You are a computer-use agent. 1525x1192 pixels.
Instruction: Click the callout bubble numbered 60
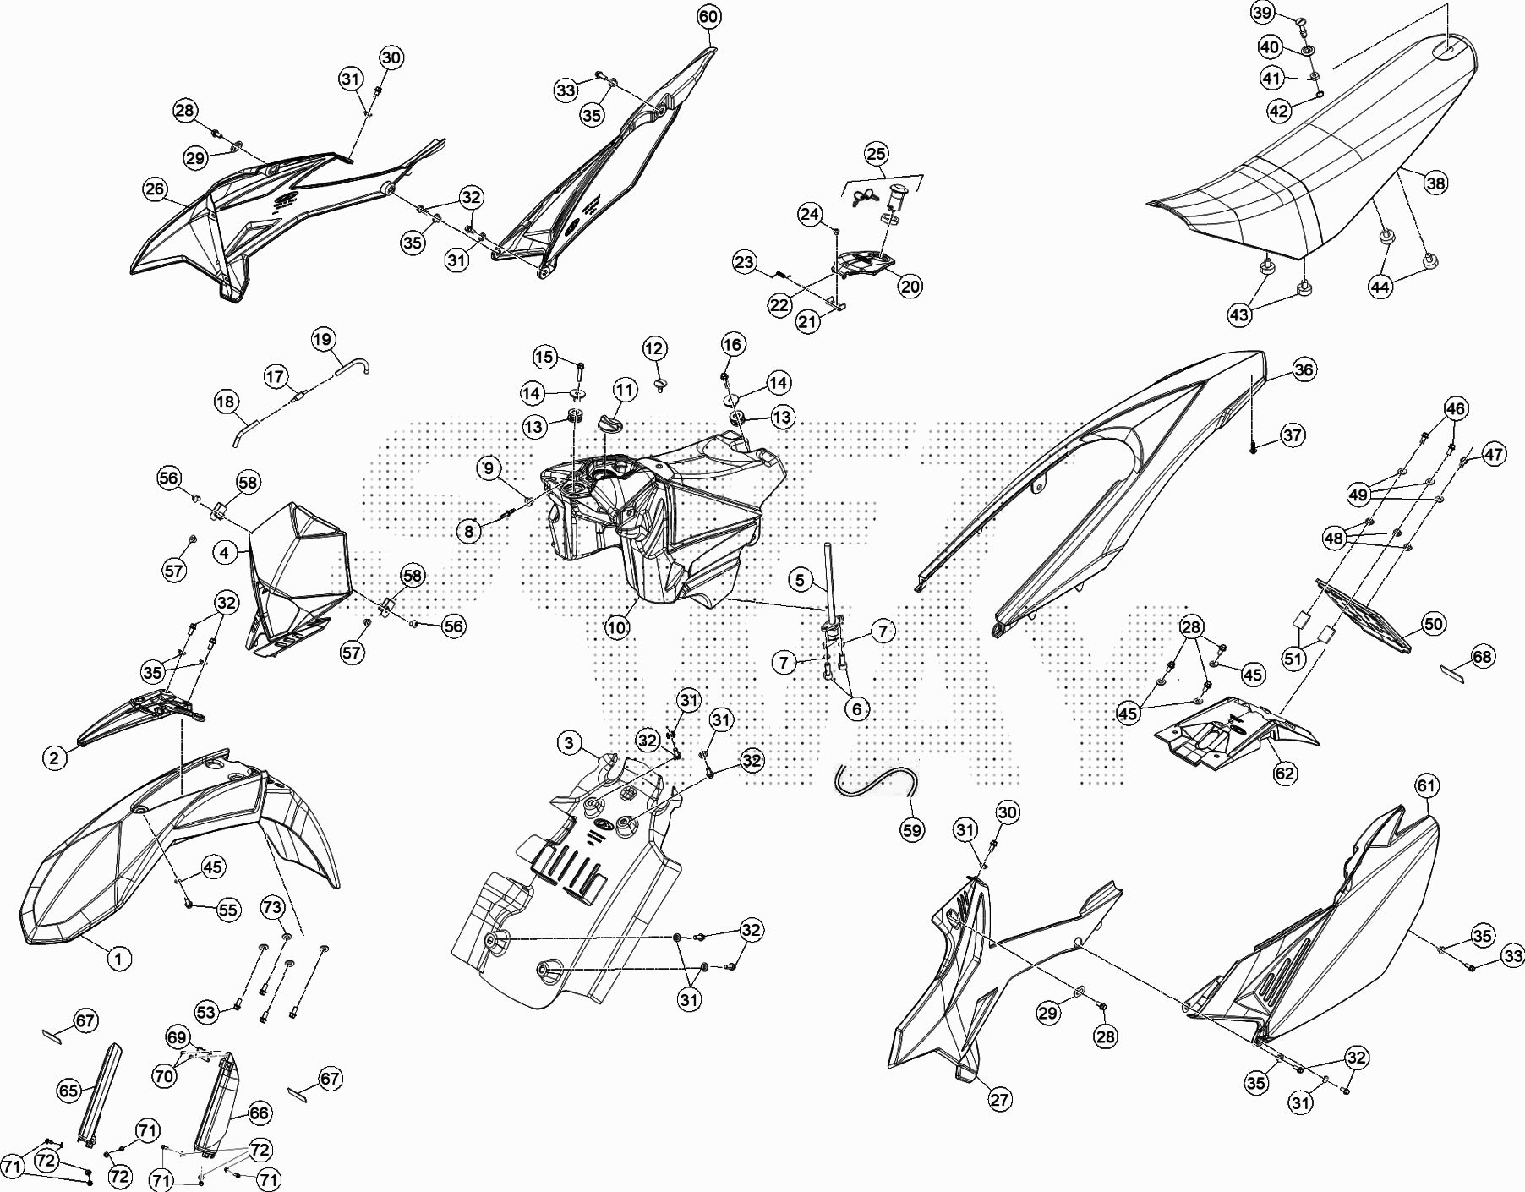point(708,17)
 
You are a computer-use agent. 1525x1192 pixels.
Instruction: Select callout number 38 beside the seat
point(1435,183)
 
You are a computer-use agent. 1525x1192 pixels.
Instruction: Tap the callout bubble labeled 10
point(617,628)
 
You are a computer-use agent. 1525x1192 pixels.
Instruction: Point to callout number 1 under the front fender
point(119,959)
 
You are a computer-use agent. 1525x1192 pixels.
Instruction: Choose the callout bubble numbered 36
point(1304,369)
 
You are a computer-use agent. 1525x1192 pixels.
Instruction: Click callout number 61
point(1426,786)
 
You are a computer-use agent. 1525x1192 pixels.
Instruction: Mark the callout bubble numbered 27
point(1000,1100)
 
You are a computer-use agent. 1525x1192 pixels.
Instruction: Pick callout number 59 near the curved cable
point(912,830)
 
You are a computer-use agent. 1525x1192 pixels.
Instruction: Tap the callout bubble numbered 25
point(877,154)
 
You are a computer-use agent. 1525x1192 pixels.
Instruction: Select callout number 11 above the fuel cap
point(625,391)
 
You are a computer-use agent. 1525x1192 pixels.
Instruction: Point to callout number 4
point(224,553)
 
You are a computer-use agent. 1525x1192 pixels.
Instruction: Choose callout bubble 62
point(1285,773)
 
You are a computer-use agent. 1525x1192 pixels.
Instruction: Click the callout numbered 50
point(1434,625)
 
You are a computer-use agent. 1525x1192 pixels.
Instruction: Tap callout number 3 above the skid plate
point(569,743)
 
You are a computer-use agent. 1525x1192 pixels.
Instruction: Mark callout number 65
point(68,1091)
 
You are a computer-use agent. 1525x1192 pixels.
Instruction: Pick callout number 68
point(1483,656)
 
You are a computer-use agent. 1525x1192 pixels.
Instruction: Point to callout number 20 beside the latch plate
point(910,287)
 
